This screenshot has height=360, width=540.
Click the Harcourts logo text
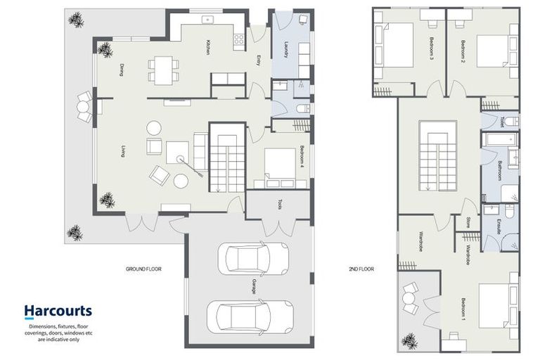58,310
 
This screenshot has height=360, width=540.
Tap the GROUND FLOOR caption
143,269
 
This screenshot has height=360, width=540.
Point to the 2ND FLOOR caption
361,269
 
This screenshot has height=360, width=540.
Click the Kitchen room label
208,46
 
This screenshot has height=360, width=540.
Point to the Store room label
468,223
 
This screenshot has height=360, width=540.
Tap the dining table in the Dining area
163,68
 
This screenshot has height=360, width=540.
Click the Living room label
123,150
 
